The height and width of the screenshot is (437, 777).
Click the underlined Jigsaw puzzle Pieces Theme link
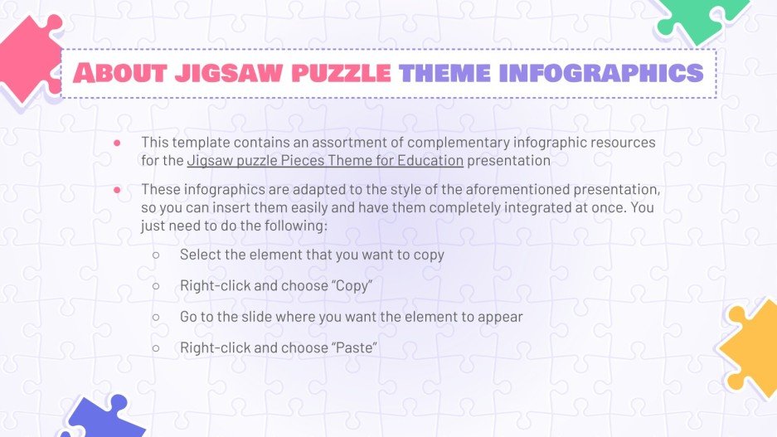(x=325, y=159)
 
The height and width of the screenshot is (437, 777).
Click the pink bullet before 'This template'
(x=117, y=143)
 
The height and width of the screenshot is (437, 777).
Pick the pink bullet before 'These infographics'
(x=117, y=190)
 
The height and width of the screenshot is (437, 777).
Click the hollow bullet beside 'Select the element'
(x=155, y=255)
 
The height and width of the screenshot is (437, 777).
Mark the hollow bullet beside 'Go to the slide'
(x=155, y=317)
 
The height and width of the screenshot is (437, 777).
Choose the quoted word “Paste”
(x=354, y=348)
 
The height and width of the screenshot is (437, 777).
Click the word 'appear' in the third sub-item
(x=500, y=317)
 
